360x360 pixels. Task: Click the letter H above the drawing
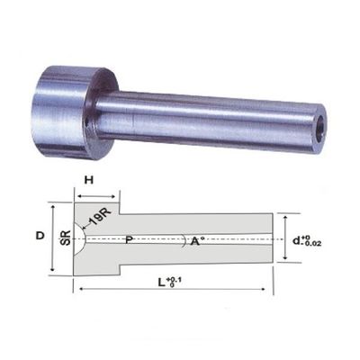(x=89, y=181)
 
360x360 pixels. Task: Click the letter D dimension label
(x=40, y=236)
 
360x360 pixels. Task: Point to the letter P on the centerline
(x=129, y=239)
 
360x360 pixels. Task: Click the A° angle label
(x=197, y=240)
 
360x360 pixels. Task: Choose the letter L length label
(x=162, y=282)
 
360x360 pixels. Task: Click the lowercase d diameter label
(x=297, y=240)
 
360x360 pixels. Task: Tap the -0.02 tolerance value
(x=311, y=243)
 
